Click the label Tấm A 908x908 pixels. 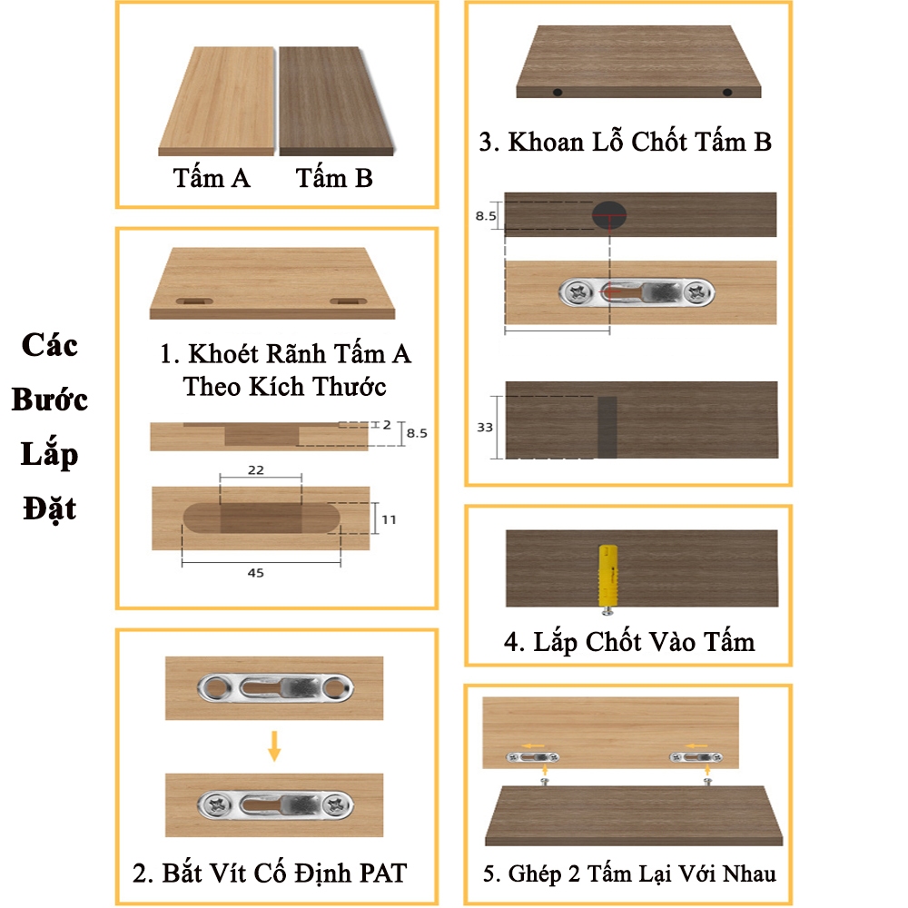(212, 178)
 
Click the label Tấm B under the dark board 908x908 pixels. (334, 178)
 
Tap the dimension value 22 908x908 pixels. (256, 469)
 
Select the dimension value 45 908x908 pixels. (255, 573)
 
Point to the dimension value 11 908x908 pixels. (390, 519)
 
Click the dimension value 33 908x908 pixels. (485, 428)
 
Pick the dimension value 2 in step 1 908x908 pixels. (387, 424)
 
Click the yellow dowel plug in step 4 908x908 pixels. (607, 576)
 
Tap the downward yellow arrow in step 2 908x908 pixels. (274, 745)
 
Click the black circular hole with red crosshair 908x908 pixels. (609, 215)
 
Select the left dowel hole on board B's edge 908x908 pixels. (558, 92)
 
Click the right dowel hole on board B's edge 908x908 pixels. (727, 92)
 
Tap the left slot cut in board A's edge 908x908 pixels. (194, 301)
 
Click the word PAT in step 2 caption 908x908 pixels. (383, 873)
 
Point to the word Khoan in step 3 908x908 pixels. (546, 142)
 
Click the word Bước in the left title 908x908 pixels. (50, 400)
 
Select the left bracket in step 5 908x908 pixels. (533, 757)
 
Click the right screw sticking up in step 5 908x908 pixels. (707, 782)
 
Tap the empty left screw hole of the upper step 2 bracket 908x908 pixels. (215, 688)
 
